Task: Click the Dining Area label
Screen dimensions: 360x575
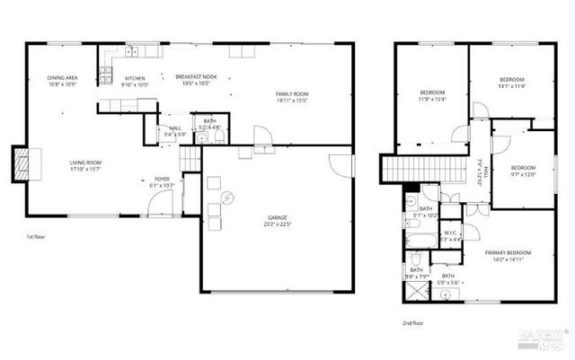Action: click(62, 79)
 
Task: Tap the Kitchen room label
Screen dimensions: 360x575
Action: click(135, 79)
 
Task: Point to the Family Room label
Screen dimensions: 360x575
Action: click(292, 94)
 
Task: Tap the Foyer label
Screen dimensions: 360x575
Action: click(162, 180)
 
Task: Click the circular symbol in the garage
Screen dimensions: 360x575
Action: click(227, 198)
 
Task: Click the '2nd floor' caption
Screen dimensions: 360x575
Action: click(412, 321)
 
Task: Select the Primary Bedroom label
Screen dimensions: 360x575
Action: click(508, 253)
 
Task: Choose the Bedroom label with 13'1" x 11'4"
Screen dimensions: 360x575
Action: click(512, 81)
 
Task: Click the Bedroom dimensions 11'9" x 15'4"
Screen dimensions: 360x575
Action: click(432, 100)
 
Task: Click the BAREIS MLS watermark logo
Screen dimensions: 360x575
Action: click(543, 337)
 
